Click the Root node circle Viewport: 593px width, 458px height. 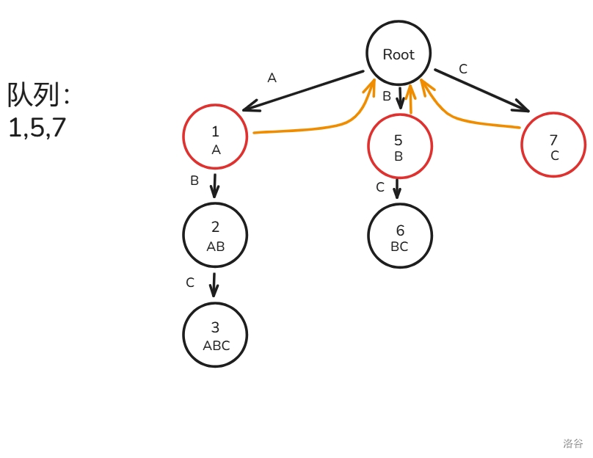pyautogui.click(x=399, y=54)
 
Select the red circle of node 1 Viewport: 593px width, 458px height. pyautogui.click(x=215, y=137)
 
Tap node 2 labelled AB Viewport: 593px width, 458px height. pyautogui.click(x=215, y=235)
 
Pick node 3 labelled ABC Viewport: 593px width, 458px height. pyautogui.click(x=215, y=334)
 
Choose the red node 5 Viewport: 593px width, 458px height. pyautogui.click(x=399, y=146)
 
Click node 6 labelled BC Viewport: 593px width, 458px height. pyautogui.click(x=400, y=236)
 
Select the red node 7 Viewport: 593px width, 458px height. pyautogui.click(x=553, y=145)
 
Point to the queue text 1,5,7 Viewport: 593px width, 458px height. pyautogui.click(x=37, y=128)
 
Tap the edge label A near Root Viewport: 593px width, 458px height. pyautogui.click(x=272, y=78)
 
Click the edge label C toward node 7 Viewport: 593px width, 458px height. pyautogui.click(x=463, y=69)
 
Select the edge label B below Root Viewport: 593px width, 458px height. pyautogui.click(x=387, y=96)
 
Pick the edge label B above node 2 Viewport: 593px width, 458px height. pyautogui.click(x=194, y=181)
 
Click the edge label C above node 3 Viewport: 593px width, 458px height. pyautogui.click(x=190, y=283)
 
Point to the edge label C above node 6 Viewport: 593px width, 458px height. pyautogui.click(x=380, y=187)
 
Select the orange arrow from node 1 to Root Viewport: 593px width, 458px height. pyautogui.click(x=308, y=129)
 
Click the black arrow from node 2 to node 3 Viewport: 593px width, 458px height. pyautogui.click(x=214, y=285)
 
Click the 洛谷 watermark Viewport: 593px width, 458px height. pyautogui.click(x=573, y=443)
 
